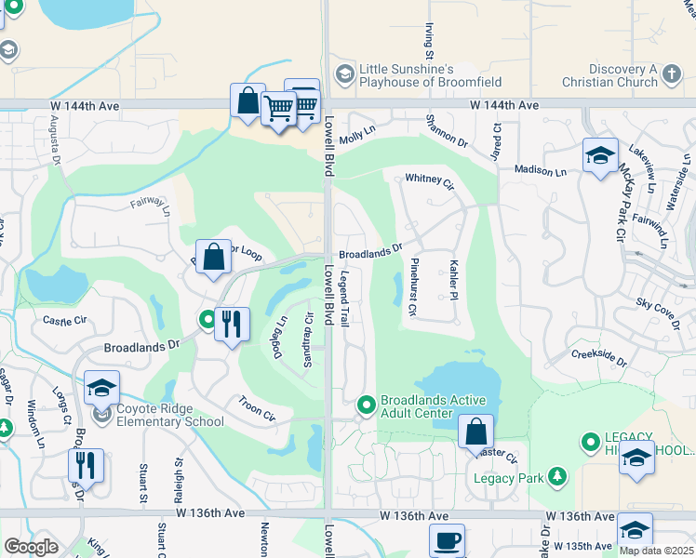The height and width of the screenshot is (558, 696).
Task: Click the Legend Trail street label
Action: (343, 298)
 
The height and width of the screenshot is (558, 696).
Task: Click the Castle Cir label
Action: (63, 320)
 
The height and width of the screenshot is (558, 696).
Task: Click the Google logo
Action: (31, 547)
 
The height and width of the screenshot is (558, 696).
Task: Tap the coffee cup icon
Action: (447, 540)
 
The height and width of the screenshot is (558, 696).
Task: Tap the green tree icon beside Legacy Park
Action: (557, 477)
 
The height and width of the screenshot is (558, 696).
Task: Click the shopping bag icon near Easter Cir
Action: (475, 431)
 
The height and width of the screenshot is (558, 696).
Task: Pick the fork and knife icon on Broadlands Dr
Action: (232, 324)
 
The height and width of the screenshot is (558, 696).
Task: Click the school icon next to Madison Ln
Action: (601, 154)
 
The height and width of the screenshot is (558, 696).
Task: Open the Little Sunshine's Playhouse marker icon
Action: (344, 74)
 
